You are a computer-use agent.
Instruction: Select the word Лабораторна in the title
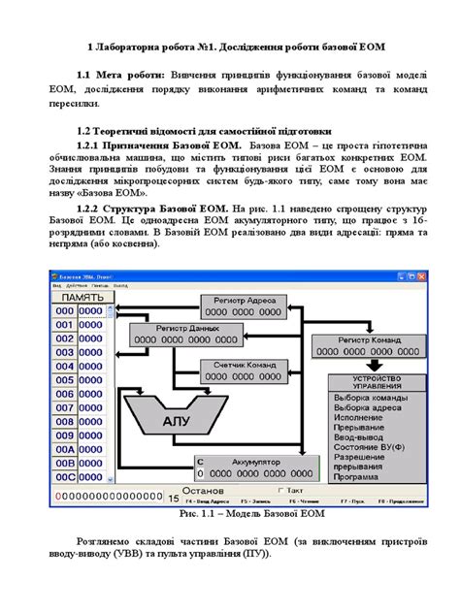click(x=137, y=46)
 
